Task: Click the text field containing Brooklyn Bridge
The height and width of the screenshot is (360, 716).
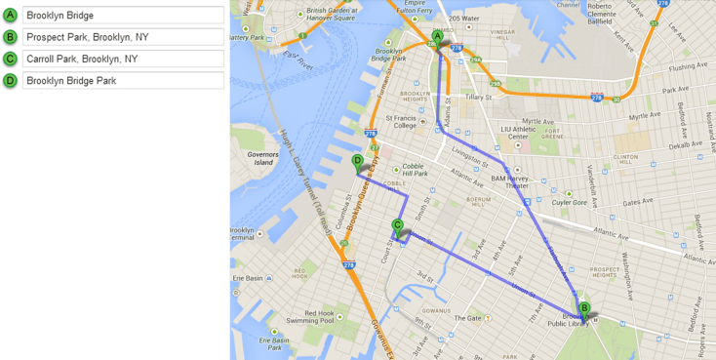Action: [123, 16]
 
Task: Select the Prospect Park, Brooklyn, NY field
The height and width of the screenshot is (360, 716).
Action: [123, 37]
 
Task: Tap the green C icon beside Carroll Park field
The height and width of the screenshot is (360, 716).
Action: [10, 59]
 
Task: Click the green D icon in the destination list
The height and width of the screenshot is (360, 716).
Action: [10, 80]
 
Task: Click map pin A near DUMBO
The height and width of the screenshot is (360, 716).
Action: [438, 37]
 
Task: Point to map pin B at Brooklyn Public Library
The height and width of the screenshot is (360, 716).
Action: [584, 308]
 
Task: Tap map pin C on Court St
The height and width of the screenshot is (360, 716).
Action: [397, 226]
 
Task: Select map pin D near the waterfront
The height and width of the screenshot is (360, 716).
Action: [357, 161]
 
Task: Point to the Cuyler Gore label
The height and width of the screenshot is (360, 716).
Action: [569, 203]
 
